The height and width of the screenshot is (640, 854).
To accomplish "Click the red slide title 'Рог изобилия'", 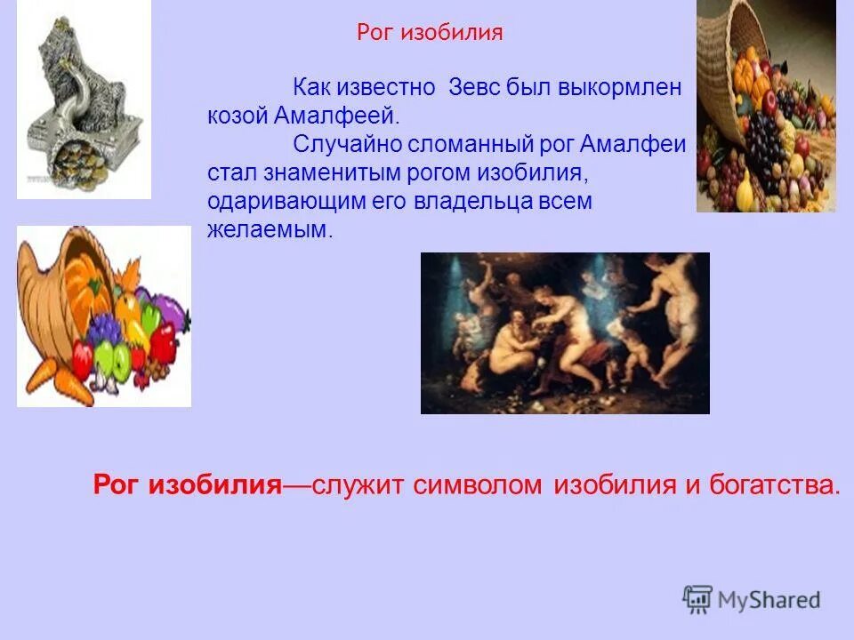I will [x=430, y=34].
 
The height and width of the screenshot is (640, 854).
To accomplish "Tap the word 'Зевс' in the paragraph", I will [x=475, y=88].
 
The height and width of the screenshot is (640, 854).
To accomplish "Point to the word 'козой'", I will [x=238, y=116].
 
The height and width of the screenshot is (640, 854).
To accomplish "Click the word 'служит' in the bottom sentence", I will [x=355, y=485].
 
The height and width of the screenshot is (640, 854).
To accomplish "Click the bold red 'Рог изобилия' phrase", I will [x=188, y=485].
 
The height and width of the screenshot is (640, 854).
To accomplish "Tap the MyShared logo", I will [x=751, y=599].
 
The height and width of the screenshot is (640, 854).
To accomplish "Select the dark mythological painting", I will [x=565, y=333].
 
